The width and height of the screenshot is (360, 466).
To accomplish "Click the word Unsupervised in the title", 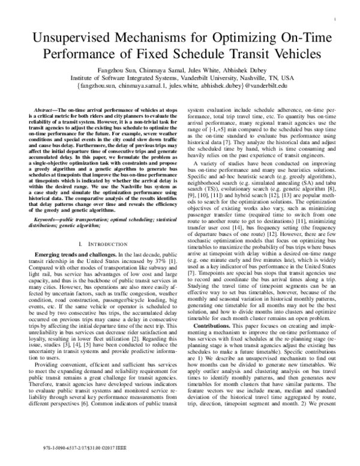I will point(66,38).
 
